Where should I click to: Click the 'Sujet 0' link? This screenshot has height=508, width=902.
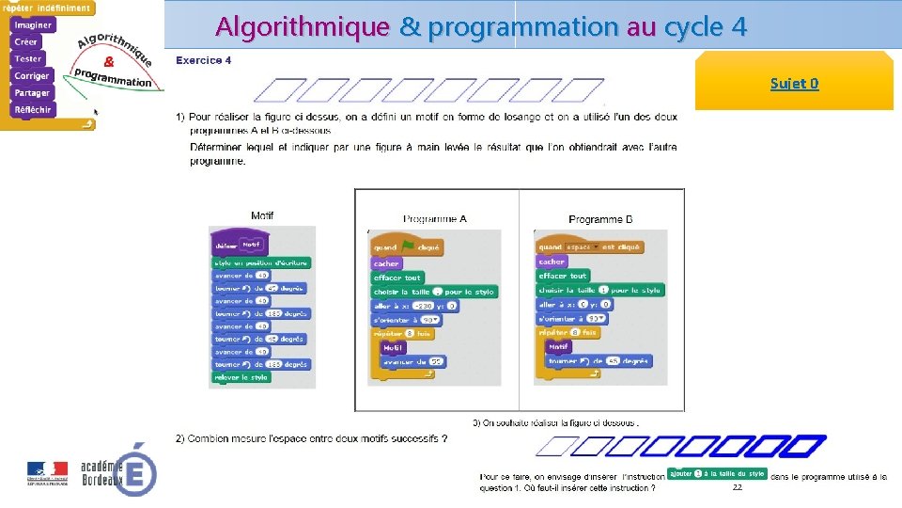tap(794, 84)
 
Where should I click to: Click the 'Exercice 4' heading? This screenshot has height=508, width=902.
tap(203, 60)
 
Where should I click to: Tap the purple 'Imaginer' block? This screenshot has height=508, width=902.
tap(33, 25)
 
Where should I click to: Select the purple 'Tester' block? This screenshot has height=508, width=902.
tap(28, 58)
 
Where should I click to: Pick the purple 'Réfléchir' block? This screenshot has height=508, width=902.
tap(33, 109)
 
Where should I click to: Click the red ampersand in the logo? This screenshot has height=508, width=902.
tap(109, 62)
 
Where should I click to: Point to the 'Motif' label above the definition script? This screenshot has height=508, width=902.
tap(262, 215)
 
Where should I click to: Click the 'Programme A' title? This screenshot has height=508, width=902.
tap(434, 219)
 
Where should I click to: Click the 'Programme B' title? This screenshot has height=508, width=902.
tap(600, 219)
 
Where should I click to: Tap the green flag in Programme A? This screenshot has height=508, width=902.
tap(409, 247)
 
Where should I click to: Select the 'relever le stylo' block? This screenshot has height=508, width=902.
tap(241, 377)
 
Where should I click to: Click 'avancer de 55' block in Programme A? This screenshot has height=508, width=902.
tap(412, 361)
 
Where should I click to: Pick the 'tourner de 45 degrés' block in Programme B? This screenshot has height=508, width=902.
tap(598, 360)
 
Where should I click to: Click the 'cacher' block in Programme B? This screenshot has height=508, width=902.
tap(552, 262)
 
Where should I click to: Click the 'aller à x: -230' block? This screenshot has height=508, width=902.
tap(414, 306)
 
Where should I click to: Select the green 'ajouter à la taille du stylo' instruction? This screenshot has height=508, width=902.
tap(716, 473)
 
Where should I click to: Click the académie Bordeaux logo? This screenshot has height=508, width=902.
tap(117, 468)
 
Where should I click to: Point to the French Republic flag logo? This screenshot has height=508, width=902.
tap(47, 470)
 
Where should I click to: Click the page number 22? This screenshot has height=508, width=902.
tap(737, 487)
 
